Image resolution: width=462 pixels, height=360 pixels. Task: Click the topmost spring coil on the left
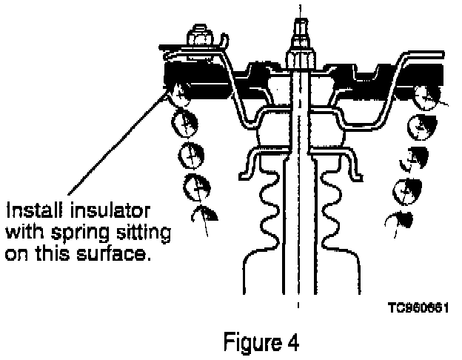[x=178, y=93]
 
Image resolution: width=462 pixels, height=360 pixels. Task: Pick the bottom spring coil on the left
[x=203, y=215]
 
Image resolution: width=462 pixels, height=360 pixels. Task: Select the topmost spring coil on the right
[x=428, y=94]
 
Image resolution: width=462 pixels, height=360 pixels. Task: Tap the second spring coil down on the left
[x=185, y=122]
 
